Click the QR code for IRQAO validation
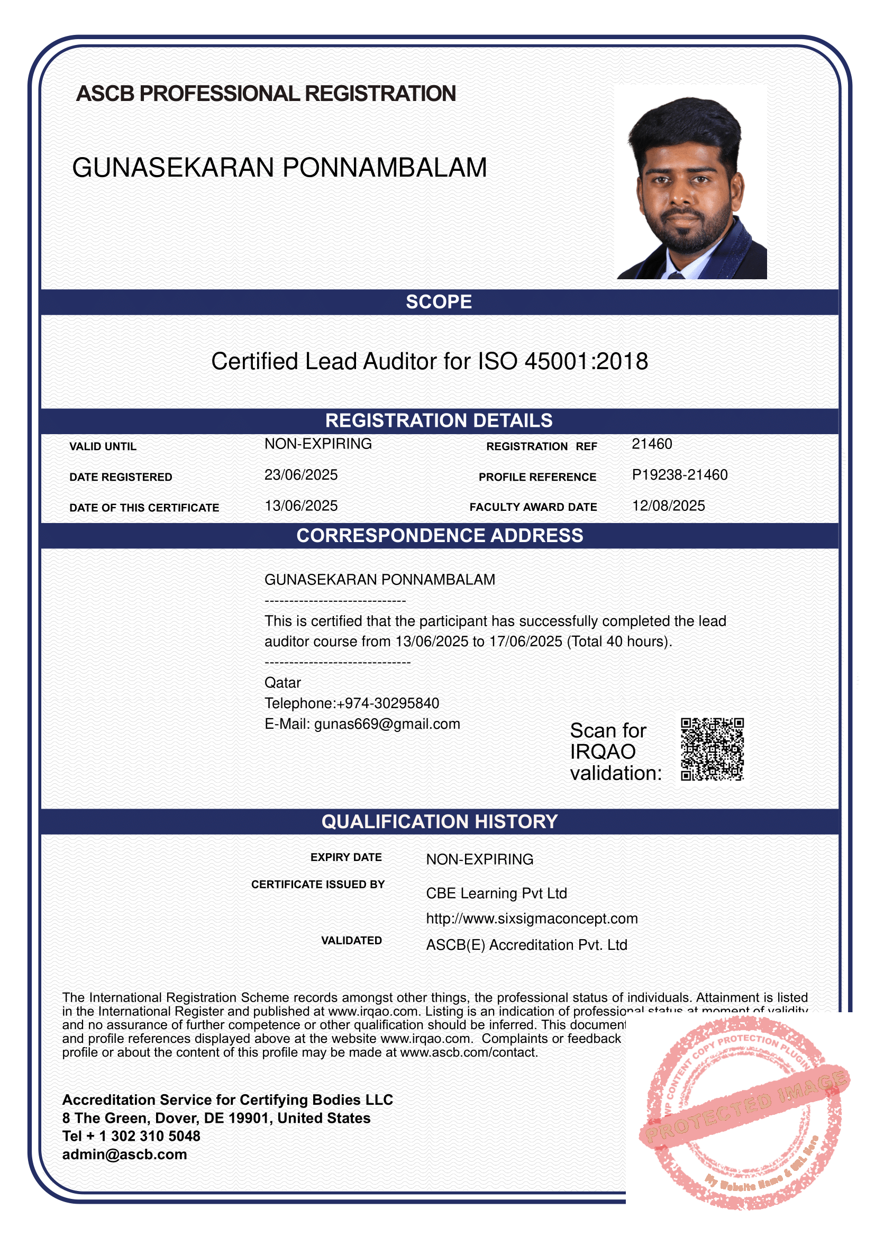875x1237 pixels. (712, 749)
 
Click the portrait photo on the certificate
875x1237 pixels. (691, 181)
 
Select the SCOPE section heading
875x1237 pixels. (439, 301)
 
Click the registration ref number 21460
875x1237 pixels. (651, 444)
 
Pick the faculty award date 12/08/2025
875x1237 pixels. (668, 506)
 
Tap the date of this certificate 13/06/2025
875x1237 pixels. (300, 506)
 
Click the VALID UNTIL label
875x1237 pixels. (103, 446)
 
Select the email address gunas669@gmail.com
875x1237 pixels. (387, 723)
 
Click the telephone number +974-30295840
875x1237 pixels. (388, 703)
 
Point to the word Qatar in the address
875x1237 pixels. (282, 683)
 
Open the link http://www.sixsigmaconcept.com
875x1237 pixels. (532, 919)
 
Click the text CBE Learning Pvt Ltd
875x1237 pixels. (496, 893)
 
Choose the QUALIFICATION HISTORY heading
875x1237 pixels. (439, 822)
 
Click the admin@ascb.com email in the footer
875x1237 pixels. (124, 1154)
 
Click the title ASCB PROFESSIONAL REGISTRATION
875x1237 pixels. (266, 94)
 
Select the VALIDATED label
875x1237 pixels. (351, 941)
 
